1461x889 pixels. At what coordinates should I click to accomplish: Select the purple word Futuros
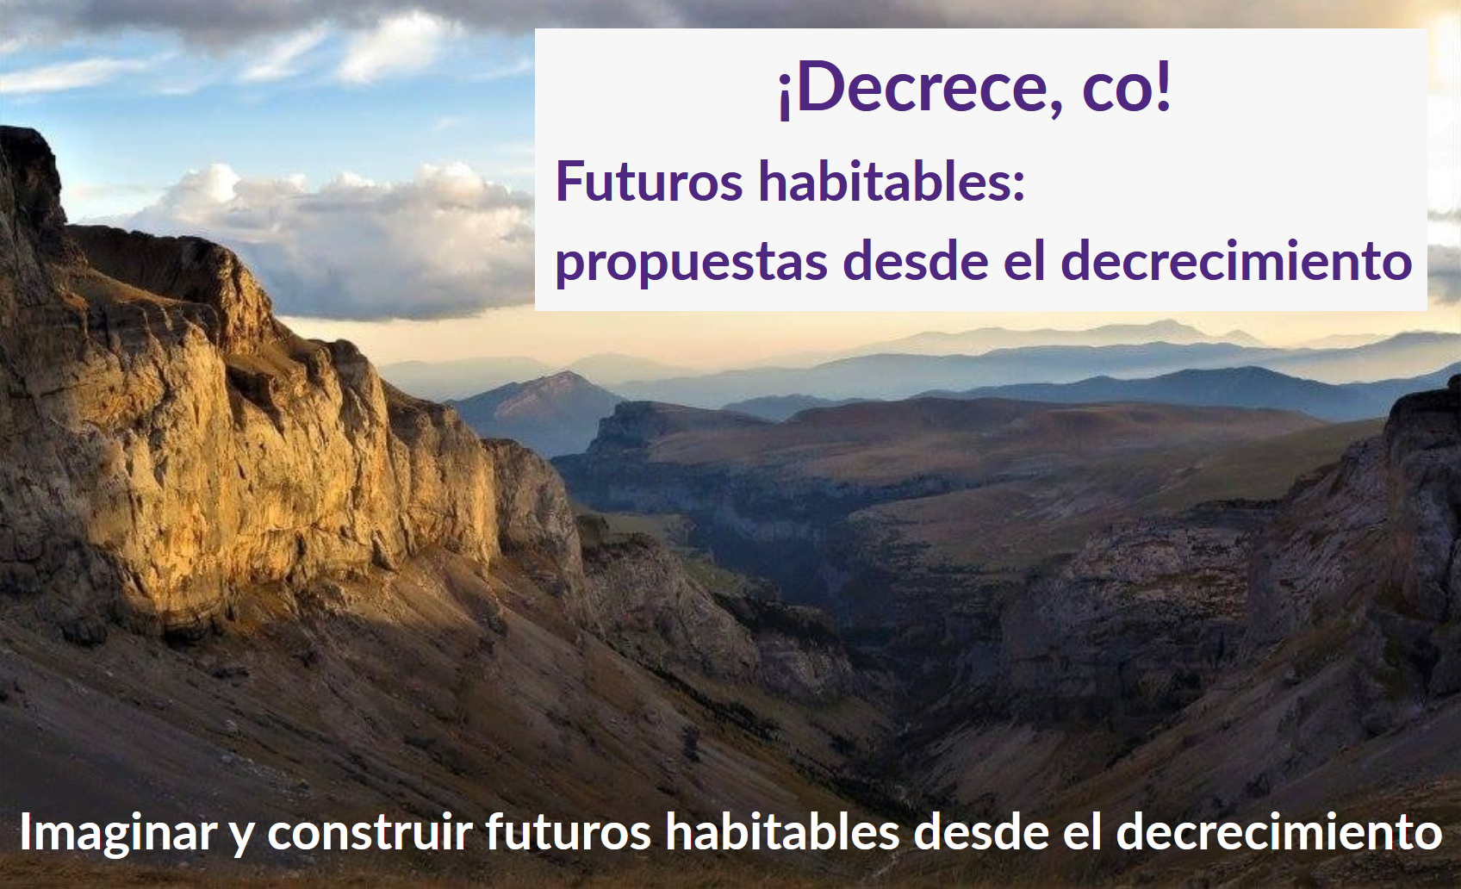point(649,182)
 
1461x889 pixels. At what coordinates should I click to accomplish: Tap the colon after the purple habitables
point(1018,187)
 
